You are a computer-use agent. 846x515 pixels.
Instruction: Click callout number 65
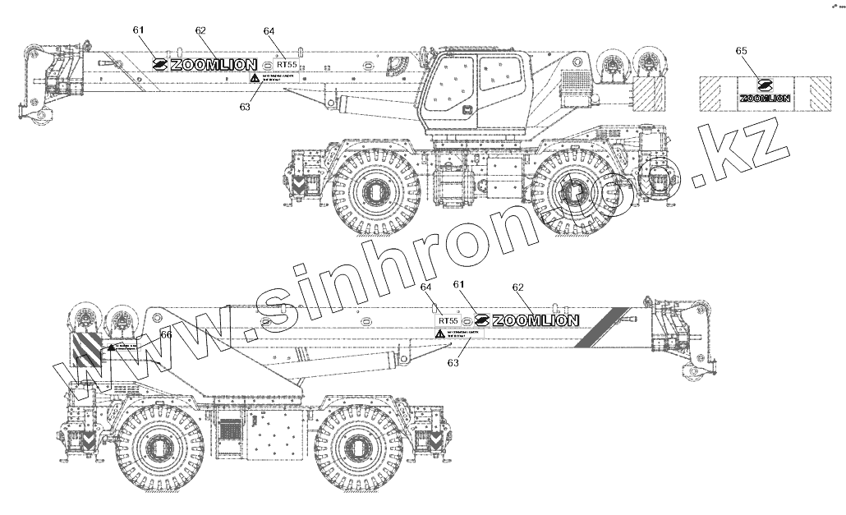(x=741, y=51)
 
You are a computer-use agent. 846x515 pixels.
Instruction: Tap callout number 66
(x=166, y=334)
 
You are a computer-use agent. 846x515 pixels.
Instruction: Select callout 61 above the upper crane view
(x=138, y=30)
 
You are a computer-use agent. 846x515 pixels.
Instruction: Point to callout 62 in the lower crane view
(x=517, y=287)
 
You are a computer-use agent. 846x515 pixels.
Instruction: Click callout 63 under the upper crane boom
(x=244, y=106)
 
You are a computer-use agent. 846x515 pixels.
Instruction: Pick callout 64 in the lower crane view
(x=425, y=287)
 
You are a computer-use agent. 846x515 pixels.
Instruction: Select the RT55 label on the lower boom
(x=448, y=320)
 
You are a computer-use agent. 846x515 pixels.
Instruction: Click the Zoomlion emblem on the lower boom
(x=481, y=320)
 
